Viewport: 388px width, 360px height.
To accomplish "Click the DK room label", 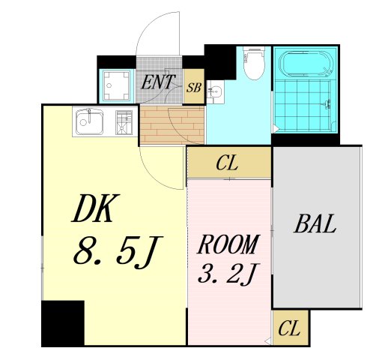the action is pos(95,208).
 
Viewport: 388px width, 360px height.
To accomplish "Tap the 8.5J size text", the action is pos(118,252).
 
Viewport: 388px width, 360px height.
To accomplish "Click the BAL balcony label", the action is pos(315,223).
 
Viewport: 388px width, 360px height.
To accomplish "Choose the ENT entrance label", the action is pos(157,82).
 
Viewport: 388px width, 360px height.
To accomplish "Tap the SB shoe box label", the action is pos(194,88).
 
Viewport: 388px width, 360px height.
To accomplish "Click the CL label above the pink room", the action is pos(227,163).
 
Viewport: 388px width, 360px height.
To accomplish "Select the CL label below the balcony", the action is pos(289,328).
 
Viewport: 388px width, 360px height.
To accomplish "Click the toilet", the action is pos(254,63).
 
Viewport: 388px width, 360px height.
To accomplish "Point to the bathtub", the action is pos(307,64).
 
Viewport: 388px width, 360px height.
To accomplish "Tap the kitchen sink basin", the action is pos(90,121).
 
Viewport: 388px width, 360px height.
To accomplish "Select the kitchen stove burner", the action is pos(124,122).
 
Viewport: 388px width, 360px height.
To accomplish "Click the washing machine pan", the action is pos(117,85).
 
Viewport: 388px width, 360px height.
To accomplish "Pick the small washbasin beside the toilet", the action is pos(215,91).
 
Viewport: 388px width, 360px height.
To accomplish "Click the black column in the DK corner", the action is pos(63,323).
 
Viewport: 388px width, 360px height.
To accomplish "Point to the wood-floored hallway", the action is pos(172,125).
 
